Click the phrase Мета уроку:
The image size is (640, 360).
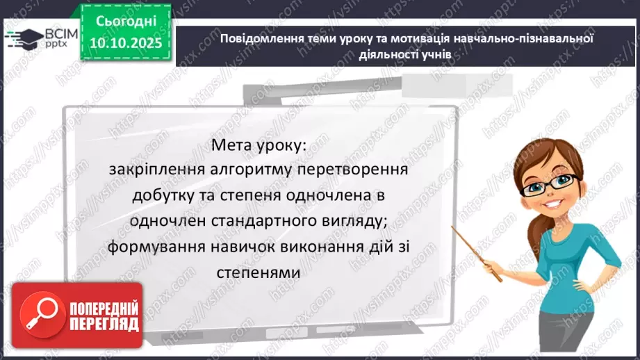point(256,145)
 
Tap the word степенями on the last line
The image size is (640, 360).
point(256,273)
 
